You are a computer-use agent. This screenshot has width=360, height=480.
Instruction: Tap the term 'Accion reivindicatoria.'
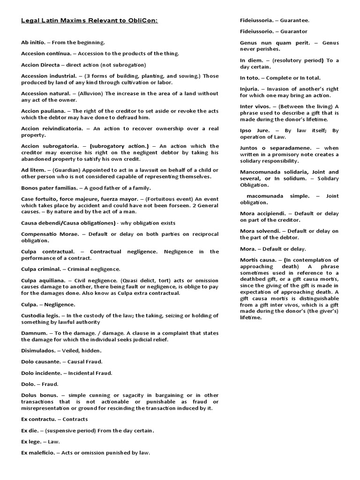click(52, 128)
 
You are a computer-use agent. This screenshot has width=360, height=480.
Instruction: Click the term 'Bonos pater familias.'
click(50, 187)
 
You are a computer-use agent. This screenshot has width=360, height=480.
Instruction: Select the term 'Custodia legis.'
click(41, 315)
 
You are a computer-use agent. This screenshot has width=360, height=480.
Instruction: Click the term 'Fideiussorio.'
click(257, 31)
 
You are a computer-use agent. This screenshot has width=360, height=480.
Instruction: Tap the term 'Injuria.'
click(250, 89)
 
